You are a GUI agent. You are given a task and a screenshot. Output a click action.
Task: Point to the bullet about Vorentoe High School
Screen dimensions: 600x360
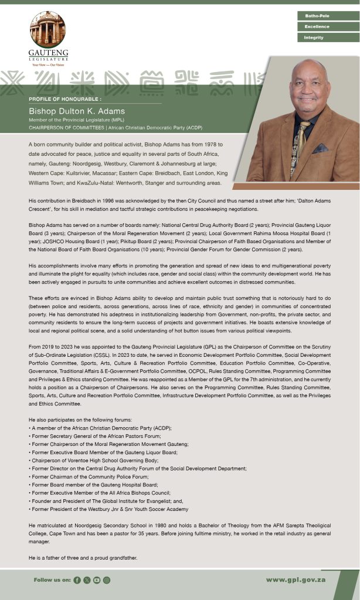tap(94, 461)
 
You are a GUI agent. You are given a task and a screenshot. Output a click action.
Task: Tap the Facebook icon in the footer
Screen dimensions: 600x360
tap(77, 580)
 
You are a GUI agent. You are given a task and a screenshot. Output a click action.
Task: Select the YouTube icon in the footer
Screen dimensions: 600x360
tap(97, 580)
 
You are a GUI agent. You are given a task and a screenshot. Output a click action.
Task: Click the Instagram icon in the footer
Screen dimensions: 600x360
tap(107, 580)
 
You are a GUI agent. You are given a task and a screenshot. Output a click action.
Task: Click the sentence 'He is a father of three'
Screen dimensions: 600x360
tap(83, 558)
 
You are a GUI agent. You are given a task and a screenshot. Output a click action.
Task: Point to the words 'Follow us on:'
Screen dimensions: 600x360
tap(53, 580)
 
